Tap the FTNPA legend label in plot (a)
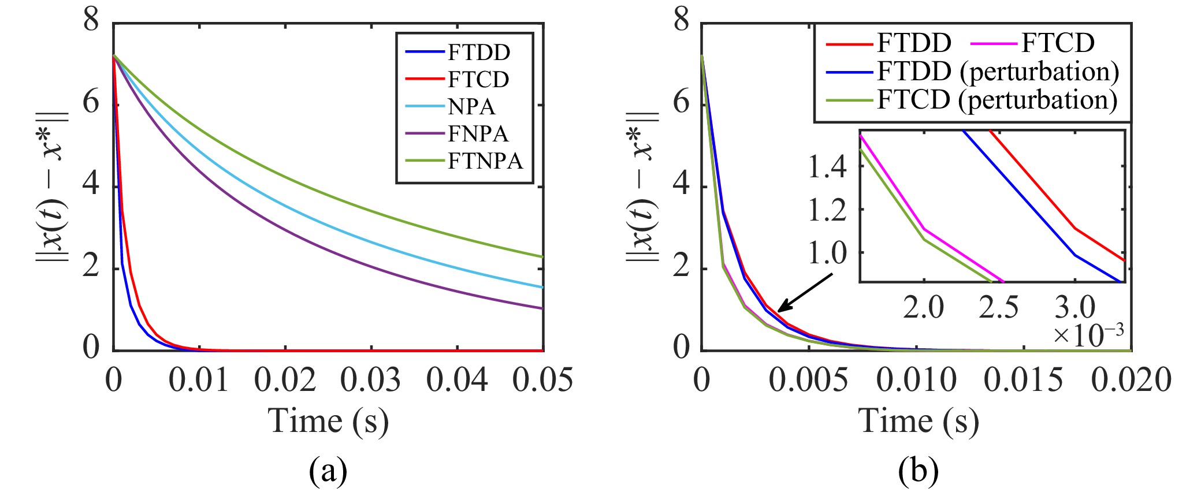pyautogui.click(x=485, y=161)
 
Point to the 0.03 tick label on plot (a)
pyautogui.click(x=370, y=381)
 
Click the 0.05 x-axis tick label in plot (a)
pyautogui.click(x=542, y=381)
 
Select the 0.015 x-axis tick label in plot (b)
pyautogui.click(x=1023, y=381)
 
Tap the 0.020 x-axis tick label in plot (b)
pyautogui.click(x=1131, y=381)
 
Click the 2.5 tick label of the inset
pyautogui.click(x=998, y=308)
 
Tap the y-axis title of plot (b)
pyautogui.click(x=642, y=186)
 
